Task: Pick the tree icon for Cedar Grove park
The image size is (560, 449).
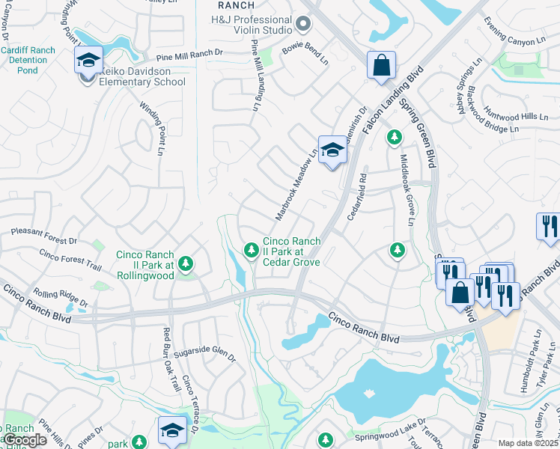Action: pos(251,249)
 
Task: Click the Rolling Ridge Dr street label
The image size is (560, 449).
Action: pos(60,297)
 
